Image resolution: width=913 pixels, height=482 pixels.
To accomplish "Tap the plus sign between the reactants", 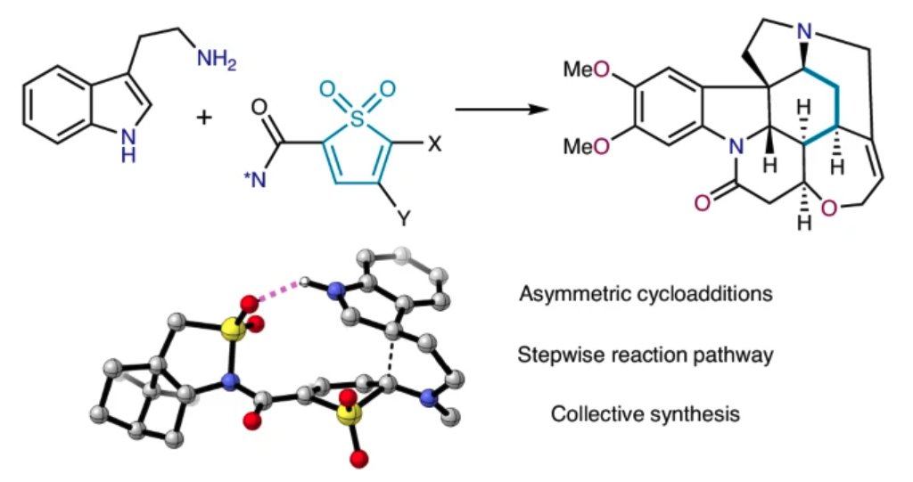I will point(205,116).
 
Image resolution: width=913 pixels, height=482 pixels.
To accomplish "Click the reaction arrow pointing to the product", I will point(500,110).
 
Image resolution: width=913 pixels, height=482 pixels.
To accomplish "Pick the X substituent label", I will point(435,143).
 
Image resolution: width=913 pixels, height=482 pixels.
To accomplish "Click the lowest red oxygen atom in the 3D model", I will point(360,459).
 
